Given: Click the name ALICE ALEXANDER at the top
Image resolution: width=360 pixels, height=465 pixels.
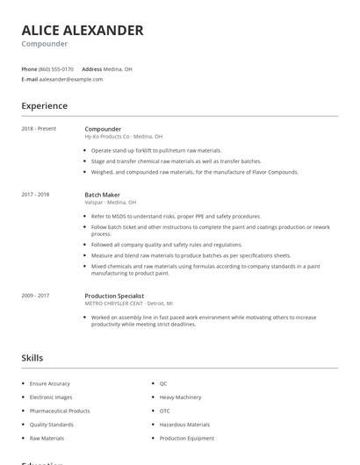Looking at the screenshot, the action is (x=83, y=30).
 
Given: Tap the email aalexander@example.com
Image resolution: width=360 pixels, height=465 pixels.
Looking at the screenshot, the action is (x=71, y=79).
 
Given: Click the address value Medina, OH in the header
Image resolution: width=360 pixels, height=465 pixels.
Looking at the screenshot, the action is (x=118, y=68).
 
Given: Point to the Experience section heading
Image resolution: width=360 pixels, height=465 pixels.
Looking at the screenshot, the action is (x=45, y=106).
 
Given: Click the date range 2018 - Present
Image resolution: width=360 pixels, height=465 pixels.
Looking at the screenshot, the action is (x=39, y=129).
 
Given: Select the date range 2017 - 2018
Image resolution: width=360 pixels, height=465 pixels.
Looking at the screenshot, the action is (x=35, y=194).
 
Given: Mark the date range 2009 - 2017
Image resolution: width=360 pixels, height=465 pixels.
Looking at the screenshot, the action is (x=35, y=296).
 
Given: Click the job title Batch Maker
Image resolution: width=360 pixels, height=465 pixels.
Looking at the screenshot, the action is (x=103, y=194).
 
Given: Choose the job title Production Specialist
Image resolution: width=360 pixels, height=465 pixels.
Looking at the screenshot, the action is (x=114, y=296).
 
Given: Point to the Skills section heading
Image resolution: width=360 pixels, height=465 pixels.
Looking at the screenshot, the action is (x=32, y=358).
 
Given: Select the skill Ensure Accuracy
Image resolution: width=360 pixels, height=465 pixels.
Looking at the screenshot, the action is (x=50, y=383).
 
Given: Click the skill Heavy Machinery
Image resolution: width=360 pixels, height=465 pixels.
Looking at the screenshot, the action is (x=180, y=397).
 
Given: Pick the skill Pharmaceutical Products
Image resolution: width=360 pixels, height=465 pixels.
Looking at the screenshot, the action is (x=60, y=411).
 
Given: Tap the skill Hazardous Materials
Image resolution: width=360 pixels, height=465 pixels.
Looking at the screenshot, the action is (x=184, y=425).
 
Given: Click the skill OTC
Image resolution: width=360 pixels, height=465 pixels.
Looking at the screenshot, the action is (x=165, y=411).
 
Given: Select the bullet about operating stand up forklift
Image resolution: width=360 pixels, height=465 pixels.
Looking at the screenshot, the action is (x=156, y=151).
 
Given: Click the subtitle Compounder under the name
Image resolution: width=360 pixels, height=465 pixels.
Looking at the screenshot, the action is (x=44, y=44).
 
